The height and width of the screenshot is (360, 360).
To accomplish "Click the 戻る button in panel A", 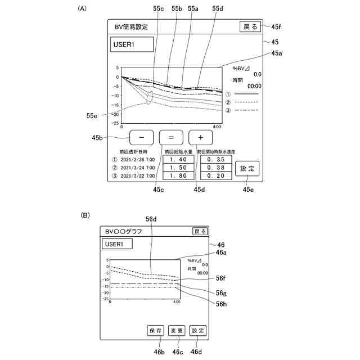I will point(249,26).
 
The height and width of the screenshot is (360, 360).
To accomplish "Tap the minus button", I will point(142,137).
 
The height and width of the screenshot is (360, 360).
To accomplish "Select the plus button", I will point(200,137).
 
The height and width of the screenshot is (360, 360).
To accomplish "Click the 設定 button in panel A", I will point(247,168).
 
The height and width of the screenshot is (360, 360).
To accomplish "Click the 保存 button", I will point(156,331).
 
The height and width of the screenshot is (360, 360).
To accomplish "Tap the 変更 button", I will point(177,331).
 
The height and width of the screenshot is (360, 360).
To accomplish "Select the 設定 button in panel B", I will point(197,331).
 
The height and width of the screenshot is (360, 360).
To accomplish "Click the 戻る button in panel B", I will point(200,231).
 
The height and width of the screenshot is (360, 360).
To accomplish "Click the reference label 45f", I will point(277,26).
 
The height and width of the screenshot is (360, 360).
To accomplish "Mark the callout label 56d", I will point(151,219).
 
